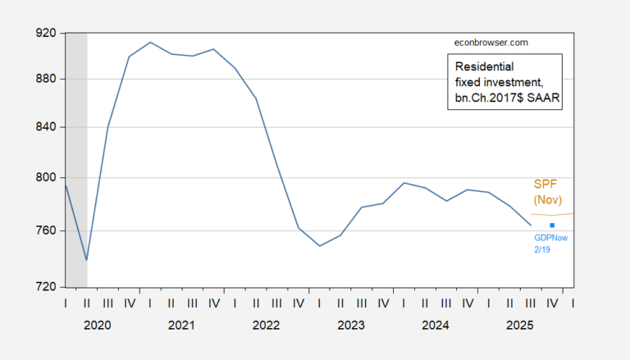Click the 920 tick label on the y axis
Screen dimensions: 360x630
pyautogui.click(x=45, y=33)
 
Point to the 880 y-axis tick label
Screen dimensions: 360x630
pyautogui.click(x=45, y=79)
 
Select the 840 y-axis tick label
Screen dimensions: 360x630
pyautogui.click(x=45, y=127)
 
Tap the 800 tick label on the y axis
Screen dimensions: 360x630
pyautogui.click(x=45, y=177)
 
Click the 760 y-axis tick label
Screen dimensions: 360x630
pyautogui.click(x=45, y=230)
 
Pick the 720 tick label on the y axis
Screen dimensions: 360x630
pyautogui.click(x=45, y=287)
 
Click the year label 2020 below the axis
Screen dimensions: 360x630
pyautogui.click(x=97, y=326)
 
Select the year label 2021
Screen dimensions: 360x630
pyautogui.click(x=181, y=326)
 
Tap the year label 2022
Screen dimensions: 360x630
pyautogui.click(x=266, y=326)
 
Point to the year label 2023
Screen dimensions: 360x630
pyautogui.click(x=351, y=326)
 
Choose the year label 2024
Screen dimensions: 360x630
pyautogui.click(x=436, y=326)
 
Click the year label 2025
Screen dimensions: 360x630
pyautogui.click(x=520, y=326)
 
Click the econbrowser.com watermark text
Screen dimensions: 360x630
pyautogui.click(x=491, y=42)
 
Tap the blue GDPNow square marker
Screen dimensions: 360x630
pyautogui.click(x=552, y=226)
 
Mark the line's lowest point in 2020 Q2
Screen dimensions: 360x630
pyautogui.click(x=86, y=260)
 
